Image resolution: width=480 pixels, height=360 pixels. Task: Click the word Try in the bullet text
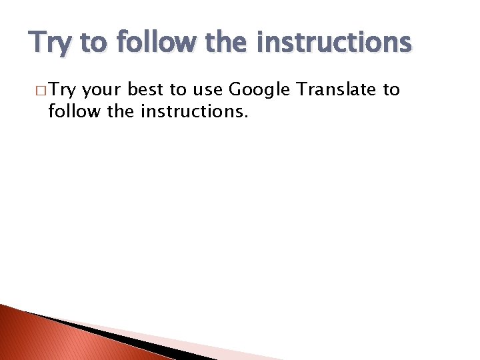[x=63, y=90]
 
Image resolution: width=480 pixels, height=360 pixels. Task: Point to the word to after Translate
[x=391, y=90]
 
